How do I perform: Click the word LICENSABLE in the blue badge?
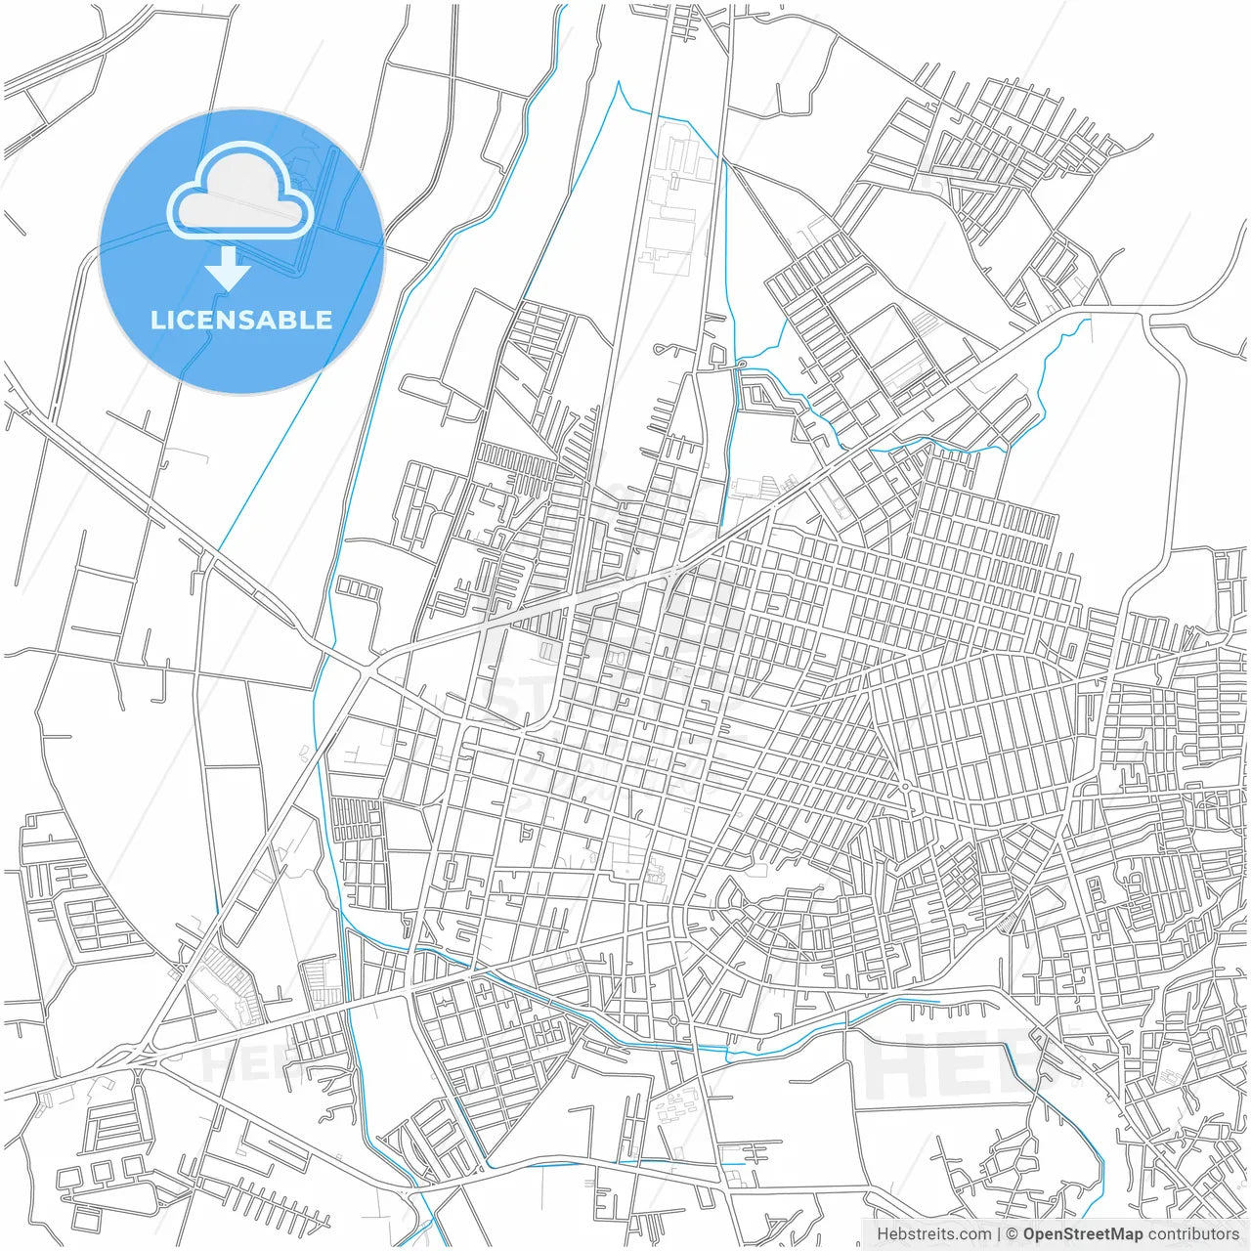(241, 320)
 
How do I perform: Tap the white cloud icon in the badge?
(240, 192)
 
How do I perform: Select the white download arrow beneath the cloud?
(228, 269)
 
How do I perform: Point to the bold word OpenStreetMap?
(1083, 1234)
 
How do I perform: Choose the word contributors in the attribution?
(1193, 1234)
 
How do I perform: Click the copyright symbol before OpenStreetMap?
(1013, 1234)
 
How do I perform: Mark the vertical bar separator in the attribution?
(999, 1234)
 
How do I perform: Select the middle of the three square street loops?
(358, 590)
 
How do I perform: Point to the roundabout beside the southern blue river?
(673, 1021)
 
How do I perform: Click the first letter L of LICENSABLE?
(156, 320)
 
